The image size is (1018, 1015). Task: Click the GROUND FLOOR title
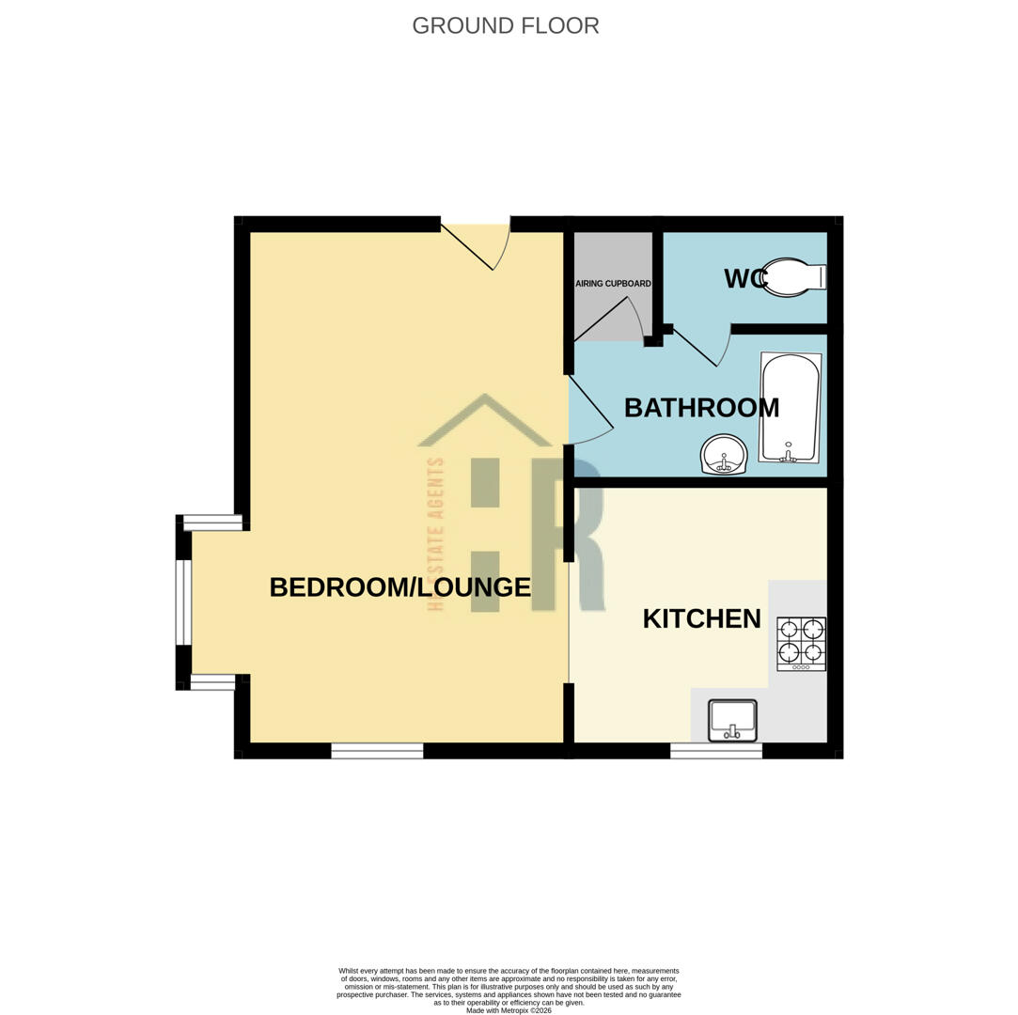[505, 25]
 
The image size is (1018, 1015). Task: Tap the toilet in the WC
[795, 277]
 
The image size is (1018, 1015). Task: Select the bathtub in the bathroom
[790, 407]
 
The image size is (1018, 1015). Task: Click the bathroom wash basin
[724, 455]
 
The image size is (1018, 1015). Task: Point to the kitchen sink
[732, 720]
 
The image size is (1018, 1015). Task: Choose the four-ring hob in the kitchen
[801, 643]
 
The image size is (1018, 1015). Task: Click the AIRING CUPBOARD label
[613, 283]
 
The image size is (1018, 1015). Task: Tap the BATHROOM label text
[701, 408]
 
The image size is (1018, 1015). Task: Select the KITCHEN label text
[701, 618]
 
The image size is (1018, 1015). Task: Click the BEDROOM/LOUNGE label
[399, 587]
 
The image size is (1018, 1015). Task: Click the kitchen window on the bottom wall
[715, 751]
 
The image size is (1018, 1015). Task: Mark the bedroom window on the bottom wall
[377, 751]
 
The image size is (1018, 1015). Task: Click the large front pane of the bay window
[183, 602]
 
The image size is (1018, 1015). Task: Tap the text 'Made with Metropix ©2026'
[509, 1010]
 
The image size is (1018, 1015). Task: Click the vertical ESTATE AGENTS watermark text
[435, 534]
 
